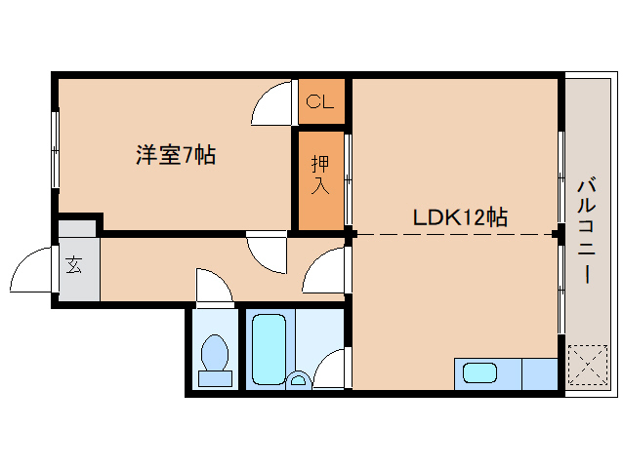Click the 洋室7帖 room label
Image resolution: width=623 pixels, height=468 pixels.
(176, 154)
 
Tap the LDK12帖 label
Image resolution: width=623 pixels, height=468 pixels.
(459, 217)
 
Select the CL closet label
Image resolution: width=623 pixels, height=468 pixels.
(320, 101)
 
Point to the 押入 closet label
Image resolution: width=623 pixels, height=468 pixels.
(320, 176)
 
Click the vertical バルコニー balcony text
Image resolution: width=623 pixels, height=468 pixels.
(586, 229)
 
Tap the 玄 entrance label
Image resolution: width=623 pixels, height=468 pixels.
(74, 264)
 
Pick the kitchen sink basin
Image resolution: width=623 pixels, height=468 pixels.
(479, 372)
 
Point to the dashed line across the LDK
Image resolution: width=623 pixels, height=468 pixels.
(454, 234)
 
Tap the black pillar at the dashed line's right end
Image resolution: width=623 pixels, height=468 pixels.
(557, 234)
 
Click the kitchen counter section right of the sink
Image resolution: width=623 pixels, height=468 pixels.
(539, 373)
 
